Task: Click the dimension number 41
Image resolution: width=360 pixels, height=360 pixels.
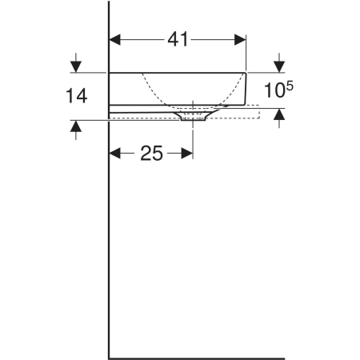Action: coord(178,39)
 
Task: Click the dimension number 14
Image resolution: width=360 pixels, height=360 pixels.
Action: coord(77,96)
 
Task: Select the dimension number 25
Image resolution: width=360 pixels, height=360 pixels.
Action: coord(151,154)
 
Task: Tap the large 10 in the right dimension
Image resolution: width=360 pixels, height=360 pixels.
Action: coord(275,90)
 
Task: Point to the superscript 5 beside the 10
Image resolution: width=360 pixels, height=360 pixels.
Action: coord(290,86)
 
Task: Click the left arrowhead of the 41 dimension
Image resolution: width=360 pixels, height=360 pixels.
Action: coord(115,40)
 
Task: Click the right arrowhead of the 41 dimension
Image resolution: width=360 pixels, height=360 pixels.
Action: coord(240,40)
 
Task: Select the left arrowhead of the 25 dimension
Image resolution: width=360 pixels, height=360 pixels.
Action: coord(115,154)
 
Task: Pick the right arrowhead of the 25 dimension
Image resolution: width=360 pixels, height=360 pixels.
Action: coord(187,154)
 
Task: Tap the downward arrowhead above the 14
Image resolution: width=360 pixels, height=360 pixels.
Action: coord(76,66)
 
